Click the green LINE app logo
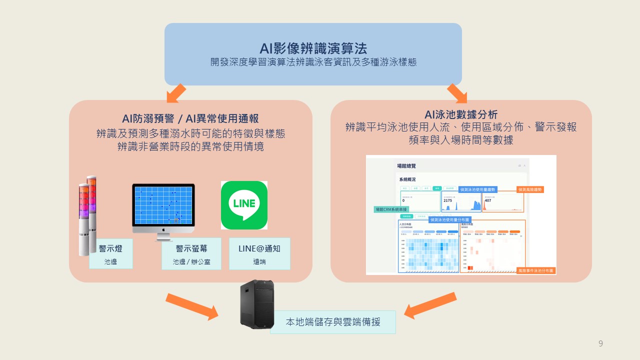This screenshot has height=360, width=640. point(244,205)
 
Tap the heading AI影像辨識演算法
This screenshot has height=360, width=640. point(313,48)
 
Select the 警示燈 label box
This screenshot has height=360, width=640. point(110,253)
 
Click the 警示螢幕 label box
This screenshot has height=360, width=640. point(191,253)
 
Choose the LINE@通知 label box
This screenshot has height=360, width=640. point(259,253)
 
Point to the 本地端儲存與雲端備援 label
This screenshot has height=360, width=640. point(332,322)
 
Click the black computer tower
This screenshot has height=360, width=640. point(257,303)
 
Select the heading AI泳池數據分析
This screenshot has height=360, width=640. point(461,115)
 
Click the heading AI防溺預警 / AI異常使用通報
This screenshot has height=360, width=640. point(190,118)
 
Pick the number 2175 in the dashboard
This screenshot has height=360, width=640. point(447,200)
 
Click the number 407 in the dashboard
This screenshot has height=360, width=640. point(488,200)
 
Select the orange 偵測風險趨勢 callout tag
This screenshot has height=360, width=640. point(530,189)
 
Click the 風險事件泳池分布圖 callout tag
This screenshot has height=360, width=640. point(536,270)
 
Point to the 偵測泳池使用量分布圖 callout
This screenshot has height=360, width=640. point(450,219)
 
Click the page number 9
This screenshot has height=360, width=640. point(600,343)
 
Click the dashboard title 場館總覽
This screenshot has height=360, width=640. point(406,165)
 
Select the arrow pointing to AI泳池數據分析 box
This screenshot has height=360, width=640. point(456,93)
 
